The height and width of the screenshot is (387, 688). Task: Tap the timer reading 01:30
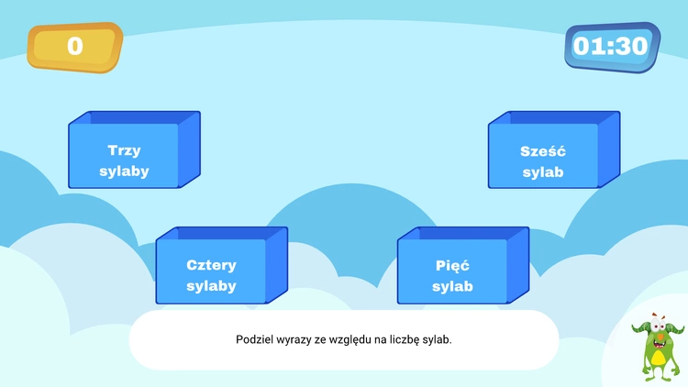(x=611, y=46)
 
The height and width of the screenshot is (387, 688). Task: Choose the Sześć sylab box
(x=542, y=161)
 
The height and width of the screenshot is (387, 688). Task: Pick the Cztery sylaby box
(x=211, y=275)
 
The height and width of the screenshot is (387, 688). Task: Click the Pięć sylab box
(x=452, y=276)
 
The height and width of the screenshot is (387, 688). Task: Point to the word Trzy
(x=124, y=150)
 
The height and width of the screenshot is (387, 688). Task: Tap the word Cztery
(x=211, y=265)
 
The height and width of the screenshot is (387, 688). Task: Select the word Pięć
(x=452, y=266)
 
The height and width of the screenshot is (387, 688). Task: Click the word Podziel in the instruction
(x=254, y=339)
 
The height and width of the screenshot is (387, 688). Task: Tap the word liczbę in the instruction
(x=407, y=339)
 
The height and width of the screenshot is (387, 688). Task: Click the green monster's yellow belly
(x=657, y=353)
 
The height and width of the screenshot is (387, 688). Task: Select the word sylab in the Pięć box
(x=452, y=287)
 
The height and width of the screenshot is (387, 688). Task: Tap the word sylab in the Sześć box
(x=542, y=172)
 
